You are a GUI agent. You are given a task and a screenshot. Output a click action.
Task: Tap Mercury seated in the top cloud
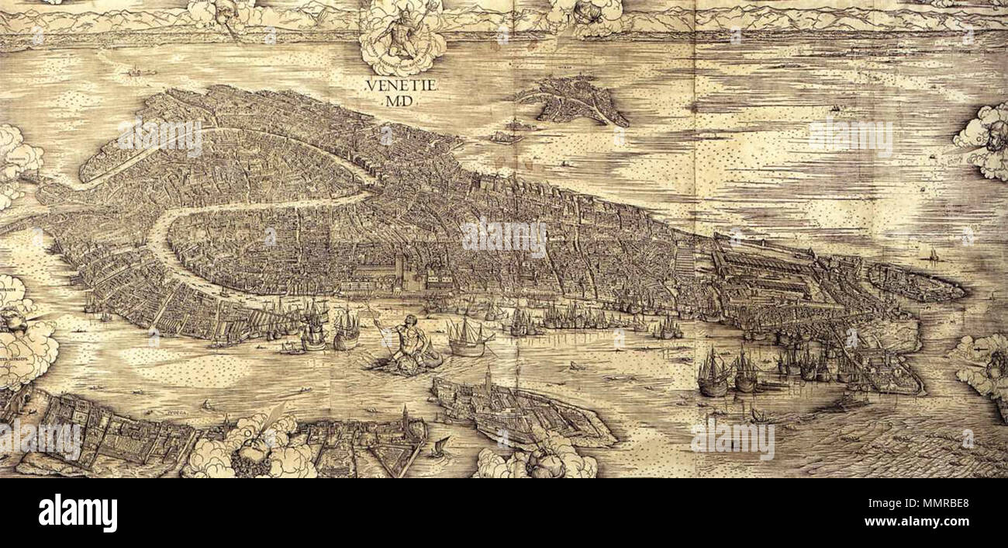pyautogui.click(x=402, y=34)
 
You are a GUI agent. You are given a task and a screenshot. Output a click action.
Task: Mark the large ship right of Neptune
pyautogui.click(x=468, y=338)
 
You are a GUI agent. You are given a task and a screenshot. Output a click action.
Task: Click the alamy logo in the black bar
pyautogui.click(x=78, y=513)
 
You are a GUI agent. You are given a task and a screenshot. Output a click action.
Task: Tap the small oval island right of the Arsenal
pyautogui.click(x=915, y=283)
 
